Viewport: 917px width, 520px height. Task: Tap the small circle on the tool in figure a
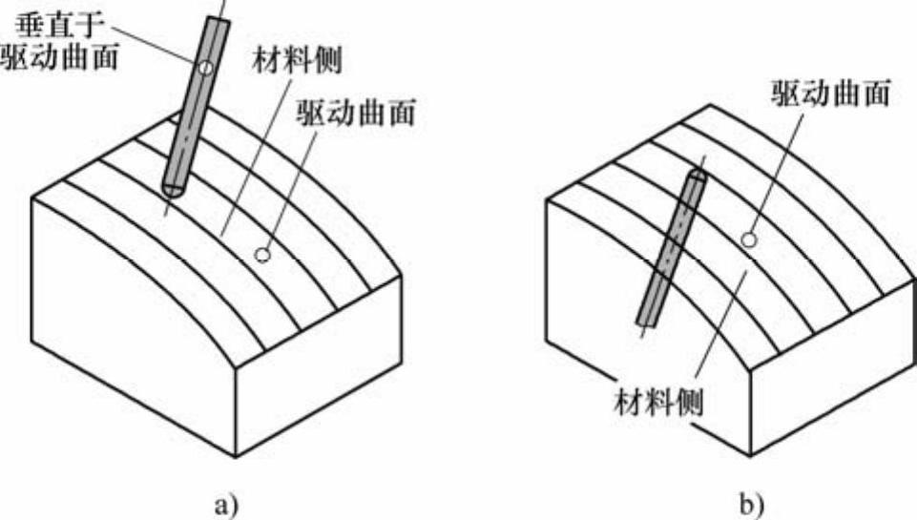pyautogui.click(x=205, y=69)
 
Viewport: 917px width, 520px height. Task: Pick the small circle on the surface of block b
pyautogui.click(x=750, y=239)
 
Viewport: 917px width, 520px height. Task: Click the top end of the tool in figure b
pyautogui.click(x=697, y=175)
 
